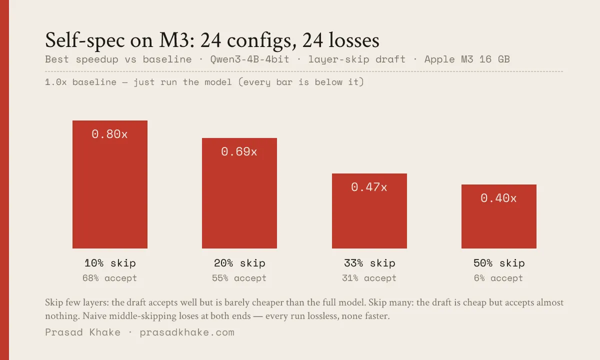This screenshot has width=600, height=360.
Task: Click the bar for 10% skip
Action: (110, 184)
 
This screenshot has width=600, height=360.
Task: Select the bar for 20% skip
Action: (239, 193)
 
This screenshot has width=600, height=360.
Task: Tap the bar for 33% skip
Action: (369, 211)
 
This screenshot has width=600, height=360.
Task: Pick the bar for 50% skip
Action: (499, 216)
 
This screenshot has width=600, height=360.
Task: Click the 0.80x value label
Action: (109, 134)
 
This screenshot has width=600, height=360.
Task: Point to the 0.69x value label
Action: (239, 151)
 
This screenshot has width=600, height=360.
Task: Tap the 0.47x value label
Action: (369, 187)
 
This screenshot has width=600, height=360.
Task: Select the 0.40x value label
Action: (498, 198)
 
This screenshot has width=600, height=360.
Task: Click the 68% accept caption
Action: (109, 278)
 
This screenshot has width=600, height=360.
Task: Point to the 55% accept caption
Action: (239, 278)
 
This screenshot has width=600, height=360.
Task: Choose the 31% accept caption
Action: (369, 278)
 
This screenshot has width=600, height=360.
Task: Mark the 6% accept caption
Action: (498, 278)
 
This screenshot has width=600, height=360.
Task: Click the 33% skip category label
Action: (369, 263)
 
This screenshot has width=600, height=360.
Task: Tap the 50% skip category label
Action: (499, 263)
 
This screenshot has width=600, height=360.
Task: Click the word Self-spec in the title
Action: (85, 40)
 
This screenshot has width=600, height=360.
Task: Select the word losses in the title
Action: (354, 40)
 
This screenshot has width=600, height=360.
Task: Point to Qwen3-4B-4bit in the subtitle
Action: (249, 59)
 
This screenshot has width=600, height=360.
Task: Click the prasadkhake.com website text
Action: (187, 332)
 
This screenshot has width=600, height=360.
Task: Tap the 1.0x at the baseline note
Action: (55, 82)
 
